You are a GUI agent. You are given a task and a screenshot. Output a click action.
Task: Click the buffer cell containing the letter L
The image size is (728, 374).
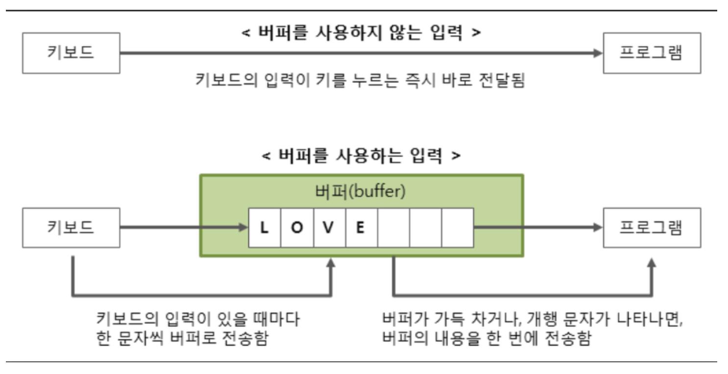[x=265, y=228]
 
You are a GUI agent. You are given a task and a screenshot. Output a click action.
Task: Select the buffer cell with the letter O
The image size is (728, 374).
[x=297, y=228]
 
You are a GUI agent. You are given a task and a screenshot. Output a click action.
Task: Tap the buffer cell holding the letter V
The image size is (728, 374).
[x=329, y=228]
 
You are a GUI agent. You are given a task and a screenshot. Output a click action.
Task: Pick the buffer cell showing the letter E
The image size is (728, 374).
[x=362, y=228]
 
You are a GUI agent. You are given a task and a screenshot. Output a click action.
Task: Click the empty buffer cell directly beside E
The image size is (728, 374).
[x=394, y=228]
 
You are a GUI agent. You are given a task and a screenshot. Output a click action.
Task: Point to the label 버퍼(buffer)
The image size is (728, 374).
[x=361, y=192]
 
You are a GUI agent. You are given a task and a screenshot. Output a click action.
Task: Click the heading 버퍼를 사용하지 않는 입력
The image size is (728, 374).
[x=362, y=34]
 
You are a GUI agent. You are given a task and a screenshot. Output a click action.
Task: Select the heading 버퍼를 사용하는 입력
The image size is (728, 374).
[x=362, y=156]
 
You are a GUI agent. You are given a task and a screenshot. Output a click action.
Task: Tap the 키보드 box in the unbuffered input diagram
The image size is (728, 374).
[x=71, y=53]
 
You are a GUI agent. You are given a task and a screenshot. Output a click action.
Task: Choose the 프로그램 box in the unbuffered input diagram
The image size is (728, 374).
[x=651, y=53]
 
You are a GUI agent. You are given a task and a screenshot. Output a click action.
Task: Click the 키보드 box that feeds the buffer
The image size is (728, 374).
[x=71, y=228]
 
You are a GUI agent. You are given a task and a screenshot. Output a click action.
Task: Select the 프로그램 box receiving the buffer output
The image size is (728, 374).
[x=651, y=228]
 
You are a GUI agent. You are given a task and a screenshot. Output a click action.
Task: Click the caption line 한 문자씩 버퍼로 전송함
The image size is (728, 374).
[x=182, y=339]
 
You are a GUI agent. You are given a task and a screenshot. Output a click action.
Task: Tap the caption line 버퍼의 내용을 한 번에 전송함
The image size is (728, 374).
[x=486, y=339]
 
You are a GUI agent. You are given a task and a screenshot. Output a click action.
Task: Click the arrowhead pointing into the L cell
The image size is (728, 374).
[x=243, y=228]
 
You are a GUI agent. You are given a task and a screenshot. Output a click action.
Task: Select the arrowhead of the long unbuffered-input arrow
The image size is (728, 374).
[x=597, y=53]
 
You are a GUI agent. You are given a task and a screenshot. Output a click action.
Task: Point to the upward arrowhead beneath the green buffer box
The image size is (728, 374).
[x=332, y=263]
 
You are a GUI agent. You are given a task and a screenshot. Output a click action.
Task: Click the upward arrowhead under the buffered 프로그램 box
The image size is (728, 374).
[x=651, y=263]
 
